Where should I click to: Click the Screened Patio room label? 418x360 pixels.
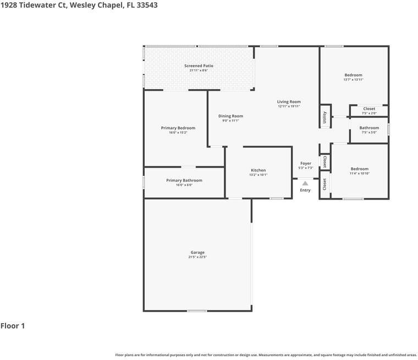click(199, 66)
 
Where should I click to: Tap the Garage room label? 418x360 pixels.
click(197, 252)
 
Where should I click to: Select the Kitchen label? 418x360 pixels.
click(258, 170)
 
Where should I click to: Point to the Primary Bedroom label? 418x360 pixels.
click(178, 128)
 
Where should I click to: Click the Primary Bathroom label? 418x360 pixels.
click(184, 180)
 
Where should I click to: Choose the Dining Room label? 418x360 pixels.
click(230, 116)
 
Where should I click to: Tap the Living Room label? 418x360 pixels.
click(289, 102)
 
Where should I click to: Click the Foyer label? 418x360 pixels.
click(306, 163)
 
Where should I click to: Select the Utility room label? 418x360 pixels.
click(324, 118)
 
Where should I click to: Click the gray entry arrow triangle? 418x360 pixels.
click(305, 184)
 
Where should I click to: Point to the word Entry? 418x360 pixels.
click(305, 190)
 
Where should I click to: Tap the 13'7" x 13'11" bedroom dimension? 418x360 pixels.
click(354, 80)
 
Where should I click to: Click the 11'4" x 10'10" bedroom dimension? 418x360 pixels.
click(360, 174)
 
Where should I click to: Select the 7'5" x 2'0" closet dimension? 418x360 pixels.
click(369, 113)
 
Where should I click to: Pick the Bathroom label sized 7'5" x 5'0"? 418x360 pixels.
click(369, 128)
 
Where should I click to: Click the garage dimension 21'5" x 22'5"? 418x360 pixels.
click(197, 257)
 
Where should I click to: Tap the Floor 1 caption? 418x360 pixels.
click(13, 326)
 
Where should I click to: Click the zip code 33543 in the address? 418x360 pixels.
click(147, 5)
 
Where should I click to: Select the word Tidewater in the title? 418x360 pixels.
click(37, 5)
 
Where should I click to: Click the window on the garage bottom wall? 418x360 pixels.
click(197, 311)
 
